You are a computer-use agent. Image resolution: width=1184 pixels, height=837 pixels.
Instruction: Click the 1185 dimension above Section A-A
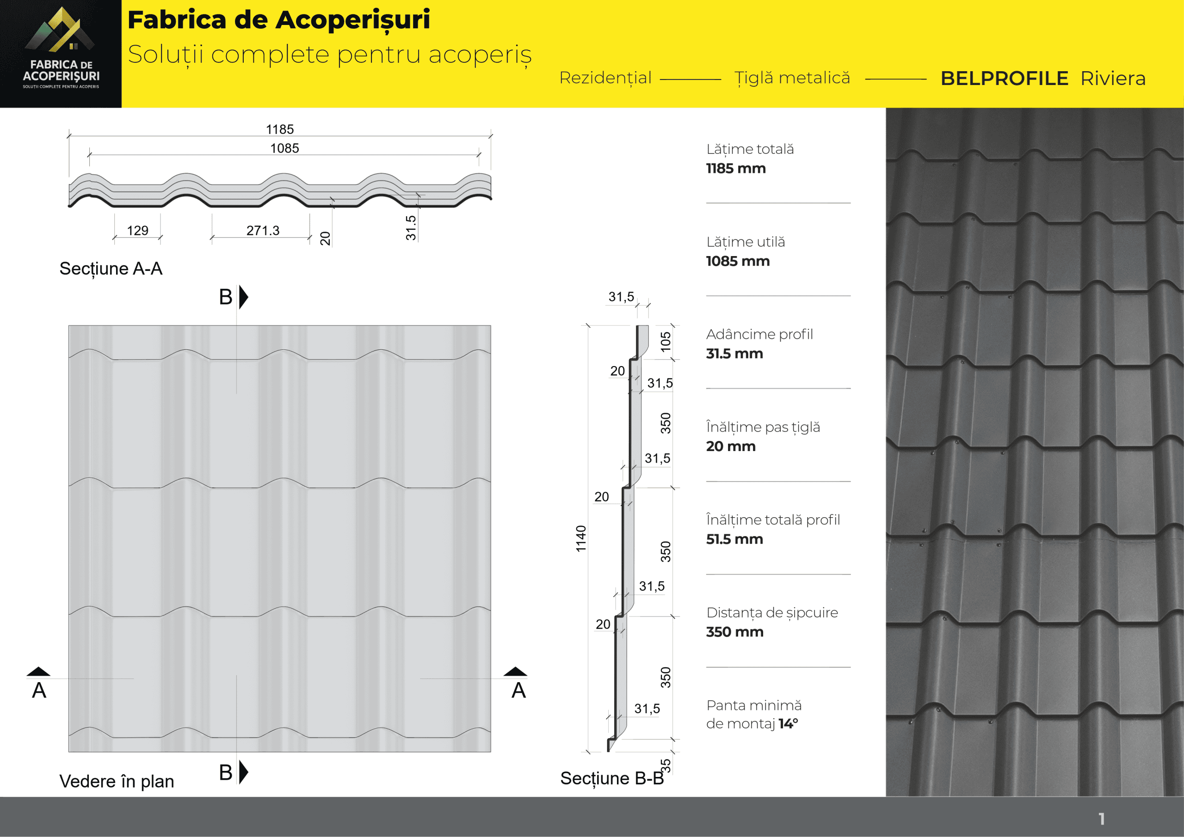[x=279, y=129]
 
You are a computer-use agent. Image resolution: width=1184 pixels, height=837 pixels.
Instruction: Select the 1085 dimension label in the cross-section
[x=284, y=148]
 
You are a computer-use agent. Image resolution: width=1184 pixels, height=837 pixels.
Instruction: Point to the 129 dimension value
[x=137, y=230]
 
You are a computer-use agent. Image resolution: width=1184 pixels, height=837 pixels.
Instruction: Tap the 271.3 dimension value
[x=263, y=230]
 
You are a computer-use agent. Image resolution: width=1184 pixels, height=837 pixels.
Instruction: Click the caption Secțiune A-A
[x=111, y=269]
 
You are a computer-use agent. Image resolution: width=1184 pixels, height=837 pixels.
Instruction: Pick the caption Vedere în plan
[x=117, y=782]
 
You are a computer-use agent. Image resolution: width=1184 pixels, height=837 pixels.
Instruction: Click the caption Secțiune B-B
[x=611, y=778]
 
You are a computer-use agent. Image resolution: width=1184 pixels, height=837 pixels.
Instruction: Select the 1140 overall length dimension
[x=581, y=538]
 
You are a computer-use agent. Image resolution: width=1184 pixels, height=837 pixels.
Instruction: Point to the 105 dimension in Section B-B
[x=666, y=341]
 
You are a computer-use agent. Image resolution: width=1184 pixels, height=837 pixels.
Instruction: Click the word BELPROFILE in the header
[x=1004, y=79]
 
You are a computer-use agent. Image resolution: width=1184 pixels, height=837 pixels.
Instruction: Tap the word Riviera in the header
[x=1113, y=79]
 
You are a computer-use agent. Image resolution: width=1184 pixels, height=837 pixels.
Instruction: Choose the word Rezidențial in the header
[x=605, y=78]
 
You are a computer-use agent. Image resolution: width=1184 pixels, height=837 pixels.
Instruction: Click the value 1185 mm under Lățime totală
[x=735, y=169]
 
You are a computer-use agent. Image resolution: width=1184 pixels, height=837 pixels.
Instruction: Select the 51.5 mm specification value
[x=734, y=539]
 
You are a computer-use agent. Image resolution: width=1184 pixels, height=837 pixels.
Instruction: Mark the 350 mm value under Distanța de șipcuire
[x=734, y=632]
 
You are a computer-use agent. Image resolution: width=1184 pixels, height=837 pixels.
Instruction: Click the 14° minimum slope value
[x=788, y=724]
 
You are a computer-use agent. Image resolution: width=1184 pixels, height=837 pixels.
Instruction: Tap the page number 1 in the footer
[x=1102, y=819]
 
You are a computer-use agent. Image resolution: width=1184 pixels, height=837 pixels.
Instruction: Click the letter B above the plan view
[x=225, y=297]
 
